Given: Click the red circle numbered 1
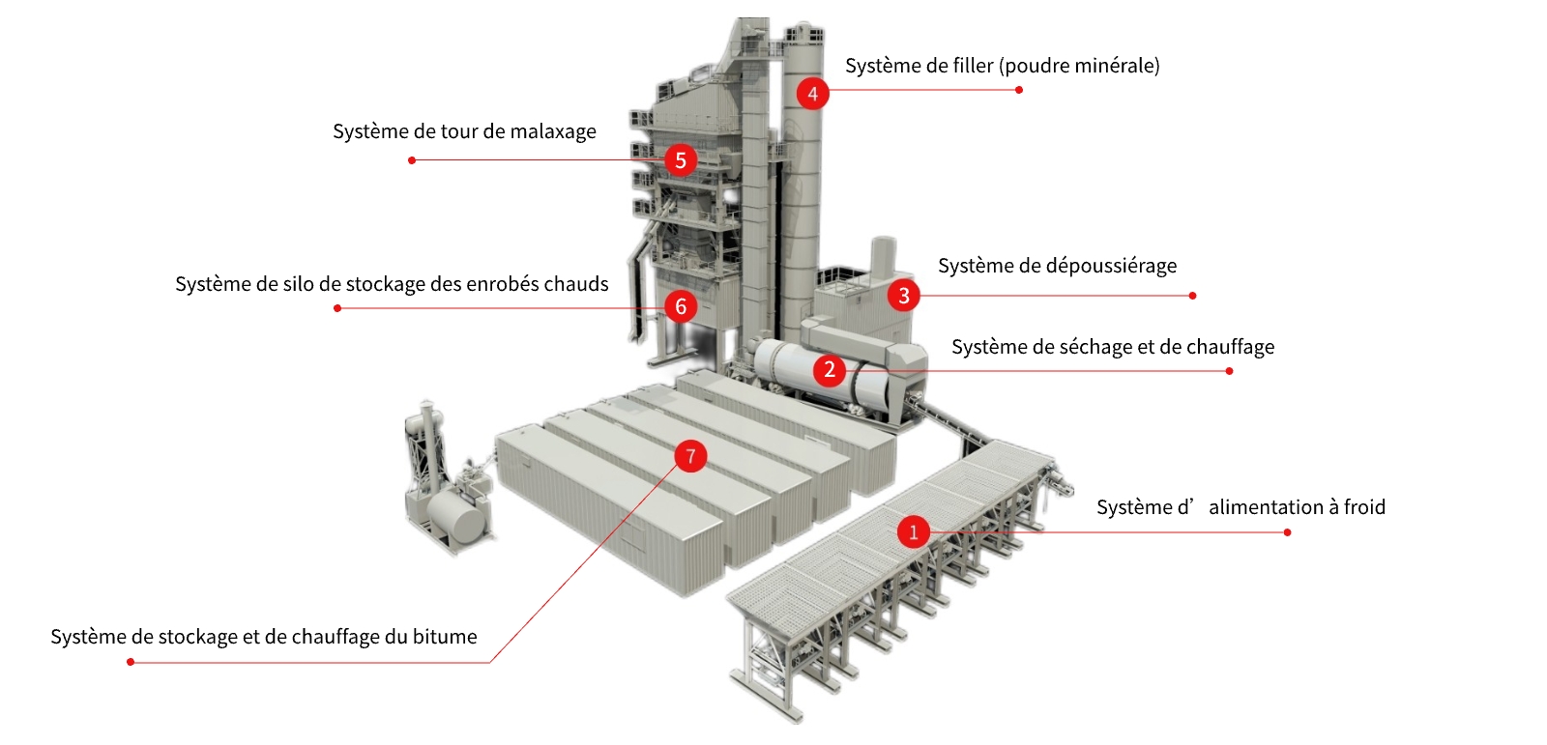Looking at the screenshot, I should coord(913,531).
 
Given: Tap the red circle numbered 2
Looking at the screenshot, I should coord(829,369).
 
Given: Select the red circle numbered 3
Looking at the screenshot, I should coord(903,295).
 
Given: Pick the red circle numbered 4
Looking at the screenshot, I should coord(812,94).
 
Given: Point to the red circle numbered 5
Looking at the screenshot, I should coord(681,159).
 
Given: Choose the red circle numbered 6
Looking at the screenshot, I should coord(681,307).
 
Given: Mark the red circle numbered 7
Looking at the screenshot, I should coord(690,456).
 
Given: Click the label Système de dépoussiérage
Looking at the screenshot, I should coord(1057,266).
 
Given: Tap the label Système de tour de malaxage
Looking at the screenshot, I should coord(464,131).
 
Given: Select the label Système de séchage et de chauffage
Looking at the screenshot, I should coord(1112,347).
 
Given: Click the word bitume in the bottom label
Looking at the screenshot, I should coord(445,637).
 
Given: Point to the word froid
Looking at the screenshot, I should coord(1364,507).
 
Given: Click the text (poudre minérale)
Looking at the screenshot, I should coord(1079,66).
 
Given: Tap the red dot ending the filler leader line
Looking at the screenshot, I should coord(1019,90).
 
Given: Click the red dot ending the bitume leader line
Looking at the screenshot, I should coord(131,662).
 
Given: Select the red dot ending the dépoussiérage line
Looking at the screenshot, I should coord(1192,296).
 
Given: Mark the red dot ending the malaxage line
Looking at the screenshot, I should coord(412,160).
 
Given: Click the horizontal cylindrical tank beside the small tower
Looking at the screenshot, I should coord(456,518).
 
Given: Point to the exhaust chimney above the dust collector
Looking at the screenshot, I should coord(883,256).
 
